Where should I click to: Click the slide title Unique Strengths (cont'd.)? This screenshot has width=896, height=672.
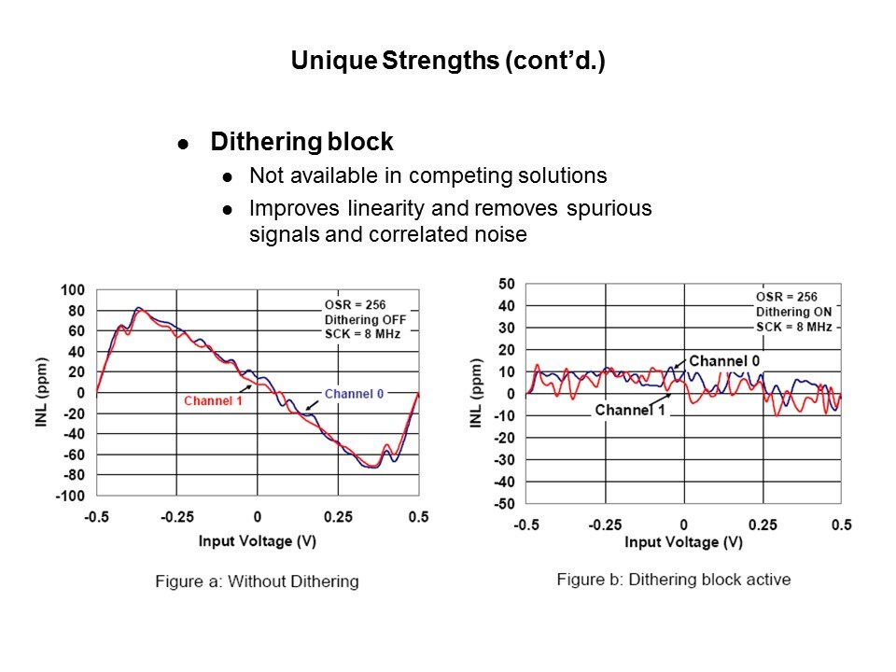448,62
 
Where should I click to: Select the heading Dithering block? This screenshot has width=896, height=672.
301,143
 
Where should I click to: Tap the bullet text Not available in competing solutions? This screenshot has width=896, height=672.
427,176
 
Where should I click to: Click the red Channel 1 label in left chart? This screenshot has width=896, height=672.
213,400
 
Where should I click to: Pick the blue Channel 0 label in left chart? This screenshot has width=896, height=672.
354,394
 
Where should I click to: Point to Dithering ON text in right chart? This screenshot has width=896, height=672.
792,312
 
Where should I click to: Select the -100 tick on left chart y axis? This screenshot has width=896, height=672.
69,496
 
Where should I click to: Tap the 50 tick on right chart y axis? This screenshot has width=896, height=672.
507,284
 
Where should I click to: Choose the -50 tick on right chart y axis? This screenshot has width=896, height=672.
504,504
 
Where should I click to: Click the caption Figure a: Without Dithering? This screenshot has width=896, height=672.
257,581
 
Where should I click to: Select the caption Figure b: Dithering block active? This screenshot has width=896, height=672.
673,580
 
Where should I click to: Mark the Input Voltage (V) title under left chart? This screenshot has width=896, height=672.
258,540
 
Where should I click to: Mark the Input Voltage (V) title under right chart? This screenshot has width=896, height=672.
684,542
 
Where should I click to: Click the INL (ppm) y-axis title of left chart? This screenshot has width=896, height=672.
43,393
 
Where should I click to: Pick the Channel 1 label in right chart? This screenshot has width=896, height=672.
629,411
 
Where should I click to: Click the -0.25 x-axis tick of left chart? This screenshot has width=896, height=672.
177,517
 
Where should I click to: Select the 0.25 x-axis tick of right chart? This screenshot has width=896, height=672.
763,525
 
